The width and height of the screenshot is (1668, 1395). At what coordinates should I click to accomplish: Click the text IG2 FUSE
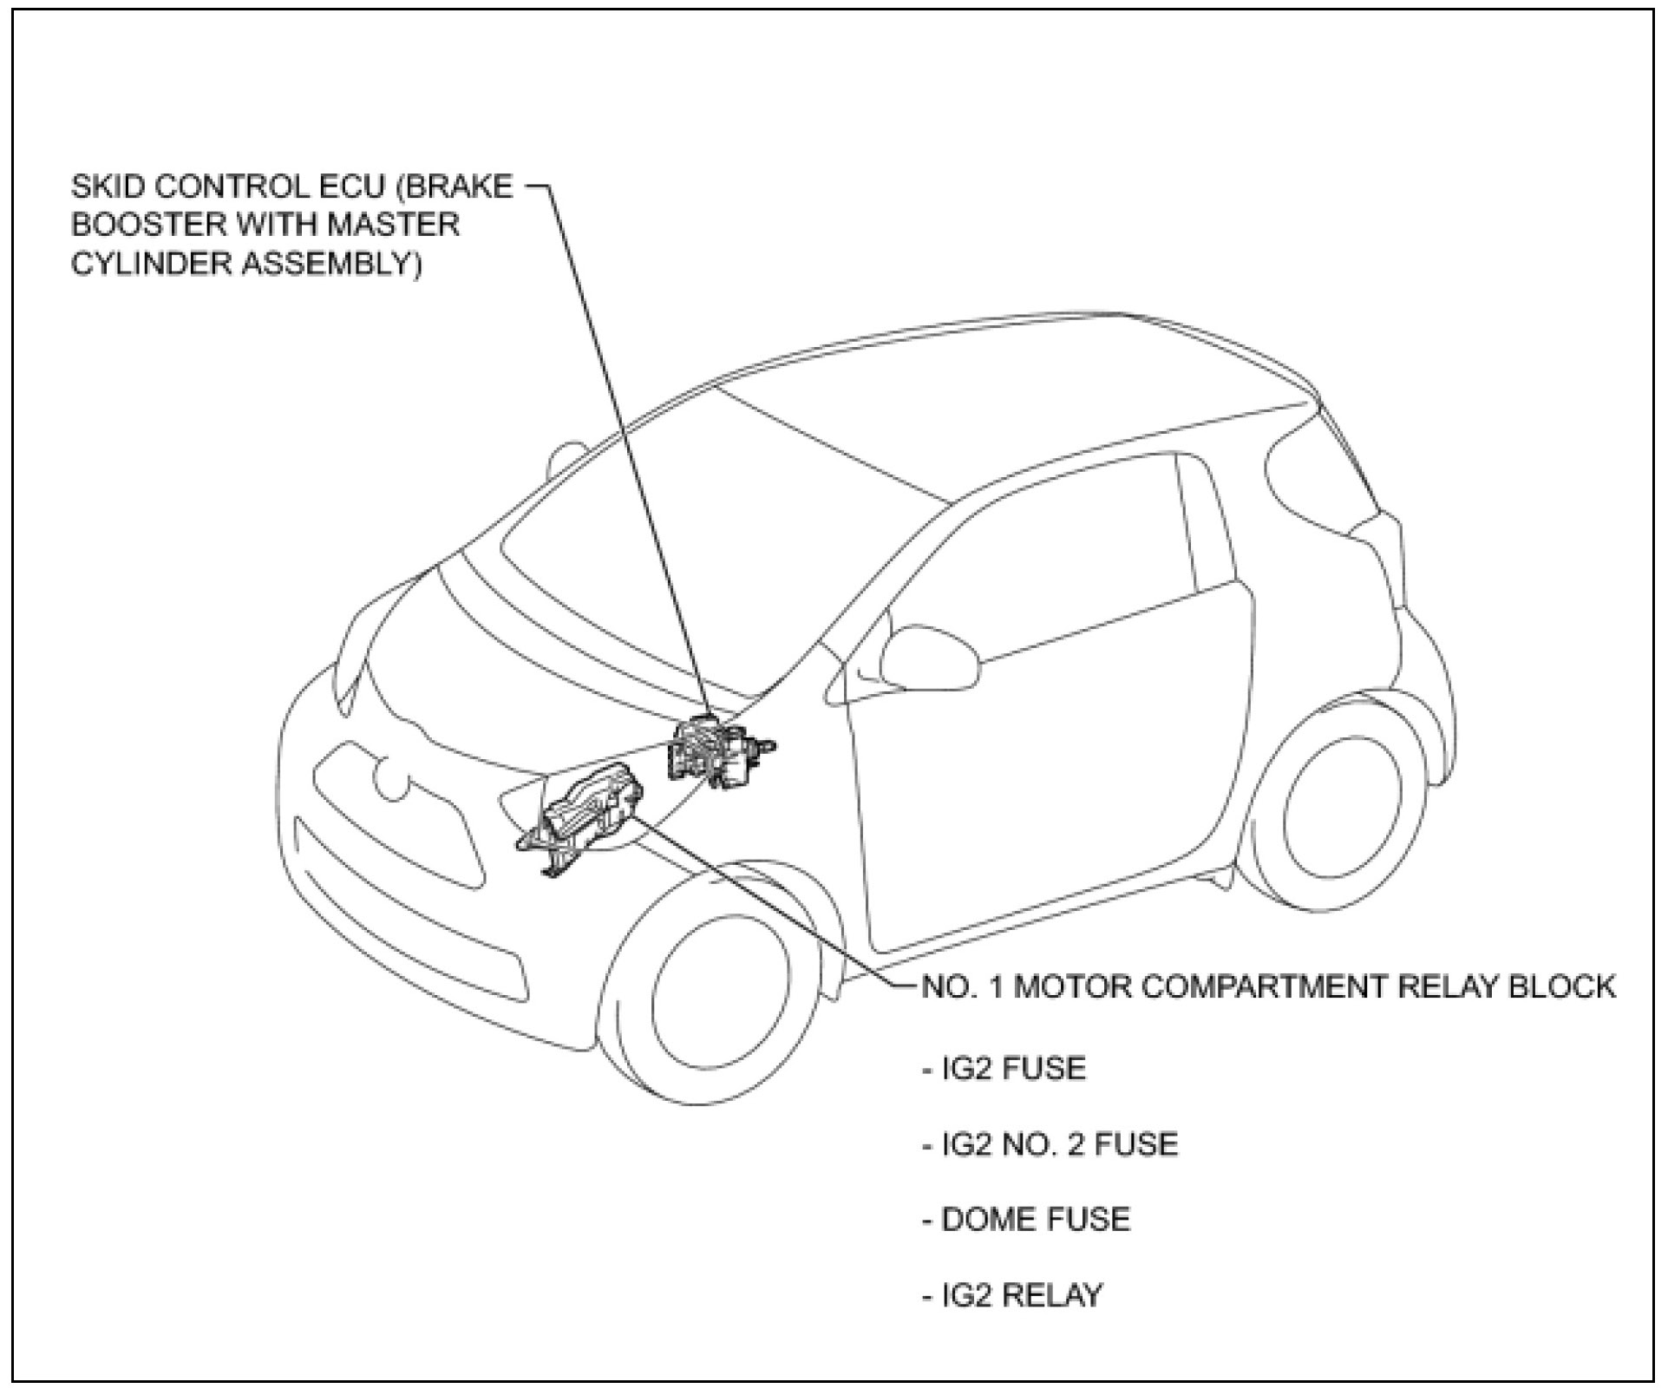pyautogui.click(x=1004, y=1068)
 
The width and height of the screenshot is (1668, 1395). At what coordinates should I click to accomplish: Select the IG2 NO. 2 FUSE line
pyautogui.click(x=1050, y=1144)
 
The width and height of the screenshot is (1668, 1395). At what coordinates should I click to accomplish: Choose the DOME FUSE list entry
pyautogui.click(x=1027, y=1220)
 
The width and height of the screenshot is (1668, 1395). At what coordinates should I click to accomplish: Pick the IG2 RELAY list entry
pyautogui.click(x=1013, y=1295)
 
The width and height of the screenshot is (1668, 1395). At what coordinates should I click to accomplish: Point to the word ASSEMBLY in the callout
pyautogui.click(x=330, y=263)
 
